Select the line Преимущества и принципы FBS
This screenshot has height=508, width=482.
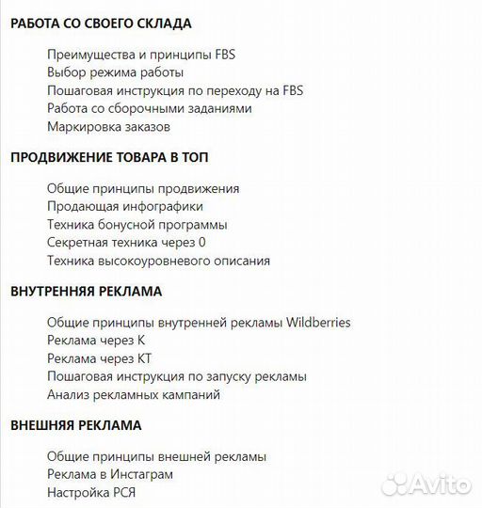pyautogui.click(x=141, y=55)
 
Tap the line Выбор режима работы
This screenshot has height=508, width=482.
pyautogui.click(x=115, y=72)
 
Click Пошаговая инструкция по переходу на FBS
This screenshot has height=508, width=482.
pyautogui.click(x=175, y=90)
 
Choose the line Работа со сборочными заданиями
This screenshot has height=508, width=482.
pyautogui.click(x=149, y=108)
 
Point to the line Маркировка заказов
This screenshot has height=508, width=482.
pyautogui.click(x=109, y=126)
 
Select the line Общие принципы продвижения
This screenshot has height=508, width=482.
pyautogui.click(x=143, y=189)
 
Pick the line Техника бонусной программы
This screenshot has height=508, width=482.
pyautogui.click(x=137, y=225)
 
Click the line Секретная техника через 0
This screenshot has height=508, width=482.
pyautogui.click(x=126, y=243)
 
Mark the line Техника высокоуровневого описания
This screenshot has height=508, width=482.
pyautogui.click(x=158, y=261)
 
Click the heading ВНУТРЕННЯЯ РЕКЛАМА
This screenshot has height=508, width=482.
pyautogui.click(x=87, y=292)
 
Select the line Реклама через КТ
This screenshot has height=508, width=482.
pyautogui.click(x=99, y=358)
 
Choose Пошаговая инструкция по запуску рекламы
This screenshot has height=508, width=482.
pyautogui.click(x=177, y=376)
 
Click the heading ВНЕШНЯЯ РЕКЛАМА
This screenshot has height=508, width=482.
pyautogui.click(x=76, y=425)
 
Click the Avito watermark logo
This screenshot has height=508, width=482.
pyautogui.click(x=426, y=484)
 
